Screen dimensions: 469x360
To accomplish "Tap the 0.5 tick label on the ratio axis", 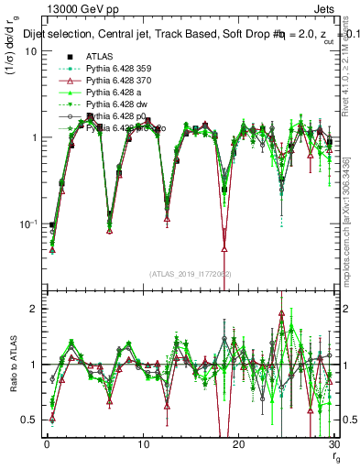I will (x=29, y=420).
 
